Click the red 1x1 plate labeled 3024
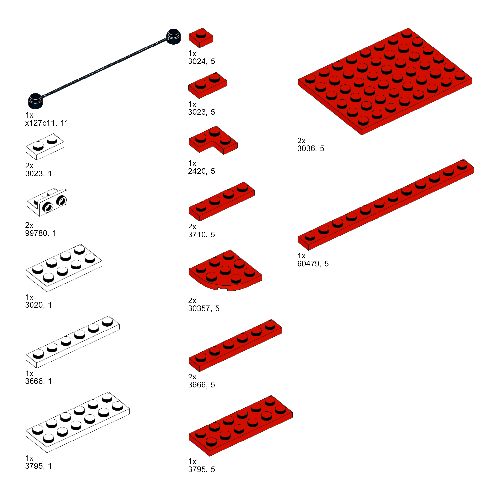[201, 38]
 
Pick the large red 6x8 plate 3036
[385, 81]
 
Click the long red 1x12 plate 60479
[386, 205]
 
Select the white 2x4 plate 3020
[64, 268]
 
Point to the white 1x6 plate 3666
[73, 342]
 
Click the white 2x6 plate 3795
[78, 422]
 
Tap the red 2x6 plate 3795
[240, 425]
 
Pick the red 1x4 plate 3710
[221, 201]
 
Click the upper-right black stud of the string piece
[173, 36]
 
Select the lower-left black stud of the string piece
[35, 101]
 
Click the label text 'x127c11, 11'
[47, 123]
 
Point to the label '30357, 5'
[204, 308]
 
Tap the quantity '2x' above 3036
[301, 141]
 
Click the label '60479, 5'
[313, 264]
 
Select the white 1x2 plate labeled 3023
[45, 147]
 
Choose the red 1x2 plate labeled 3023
[208, 85]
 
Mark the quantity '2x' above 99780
[29, 225]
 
